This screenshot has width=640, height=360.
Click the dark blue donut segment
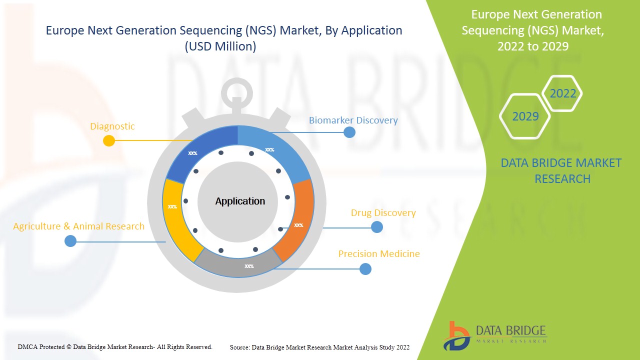(x=200, y=150)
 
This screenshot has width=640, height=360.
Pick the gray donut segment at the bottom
(x=240, y=262)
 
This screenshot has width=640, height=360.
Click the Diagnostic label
(x=112, y=126)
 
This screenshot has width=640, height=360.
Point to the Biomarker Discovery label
(x=353, y=120)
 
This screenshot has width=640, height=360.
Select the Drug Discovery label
(x=383, y=213)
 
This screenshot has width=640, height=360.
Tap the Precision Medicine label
(x=379, y=254)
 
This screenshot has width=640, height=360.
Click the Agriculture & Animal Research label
(x=78, y=226)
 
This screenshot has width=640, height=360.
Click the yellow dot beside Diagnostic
(x=109, y=140)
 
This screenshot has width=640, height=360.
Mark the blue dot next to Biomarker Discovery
(x=349, y=132)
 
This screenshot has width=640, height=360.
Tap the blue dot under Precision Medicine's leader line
(x=365, y=269)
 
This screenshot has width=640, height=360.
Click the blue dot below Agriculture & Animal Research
(x=70, y=241)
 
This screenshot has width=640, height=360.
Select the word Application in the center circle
(x=240, y=201)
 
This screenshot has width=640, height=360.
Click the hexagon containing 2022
(x=562, y=93)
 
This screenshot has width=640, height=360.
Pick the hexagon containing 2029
(x=525, y=116)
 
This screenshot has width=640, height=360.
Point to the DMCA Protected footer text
(x=115, y=346)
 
